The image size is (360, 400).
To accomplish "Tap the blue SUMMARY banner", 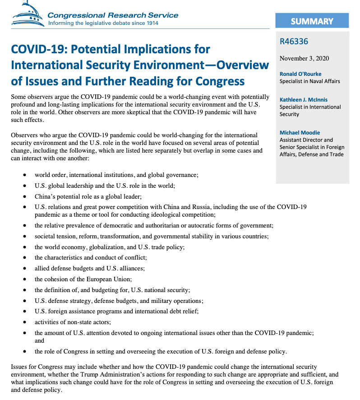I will [312, 21].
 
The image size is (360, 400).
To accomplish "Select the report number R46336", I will [294, 42].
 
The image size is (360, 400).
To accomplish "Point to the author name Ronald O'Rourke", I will [300, 74].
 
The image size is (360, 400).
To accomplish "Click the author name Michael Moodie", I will [300, 133].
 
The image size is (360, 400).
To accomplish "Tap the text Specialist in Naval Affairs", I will [309, 81].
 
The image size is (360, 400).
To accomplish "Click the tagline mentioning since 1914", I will [103, 23].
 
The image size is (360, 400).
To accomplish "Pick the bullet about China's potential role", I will [88, 196].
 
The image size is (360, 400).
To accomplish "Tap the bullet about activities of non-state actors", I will [73, 322].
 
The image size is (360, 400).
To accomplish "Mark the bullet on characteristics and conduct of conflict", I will [91, 258].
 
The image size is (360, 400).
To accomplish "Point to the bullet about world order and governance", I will [116, 175].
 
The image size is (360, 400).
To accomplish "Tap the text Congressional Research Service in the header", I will [113, 14].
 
